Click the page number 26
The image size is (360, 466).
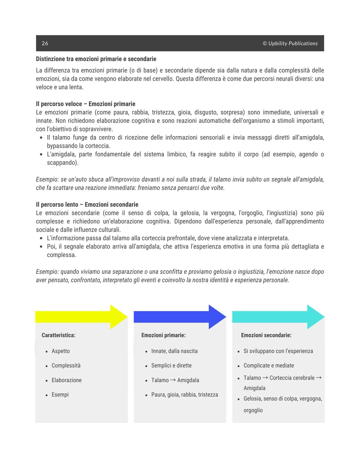pos(45,43)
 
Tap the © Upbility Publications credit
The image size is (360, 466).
pos(290,43)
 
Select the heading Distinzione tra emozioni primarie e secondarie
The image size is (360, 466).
pos(96,59)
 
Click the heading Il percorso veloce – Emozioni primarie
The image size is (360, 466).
pos(85,104)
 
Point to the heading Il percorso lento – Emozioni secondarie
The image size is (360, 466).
pos(87,205)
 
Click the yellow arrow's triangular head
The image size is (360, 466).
pos(118,317)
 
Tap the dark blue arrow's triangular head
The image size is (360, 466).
pos(216,317)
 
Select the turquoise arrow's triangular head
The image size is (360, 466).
pos(315,317)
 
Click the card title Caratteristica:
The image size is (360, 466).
pos(58,335)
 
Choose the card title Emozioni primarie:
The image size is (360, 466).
pos(163,335)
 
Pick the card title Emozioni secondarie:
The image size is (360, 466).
pos(266,335)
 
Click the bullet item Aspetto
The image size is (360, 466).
pos(60,351)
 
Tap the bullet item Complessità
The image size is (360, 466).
pos(66,366)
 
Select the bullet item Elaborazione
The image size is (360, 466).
pos(66,380)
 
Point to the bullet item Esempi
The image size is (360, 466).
pos(60,395)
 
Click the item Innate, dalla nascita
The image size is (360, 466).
pos(174,351)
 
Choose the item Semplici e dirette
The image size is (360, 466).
pos(171,366)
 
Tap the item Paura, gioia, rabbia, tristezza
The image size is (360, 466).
pos(184,395)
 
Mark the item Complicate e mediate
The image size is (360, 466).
pos(269,366)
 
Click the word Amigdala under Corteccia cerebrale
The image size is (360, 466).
pos(254,388)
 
